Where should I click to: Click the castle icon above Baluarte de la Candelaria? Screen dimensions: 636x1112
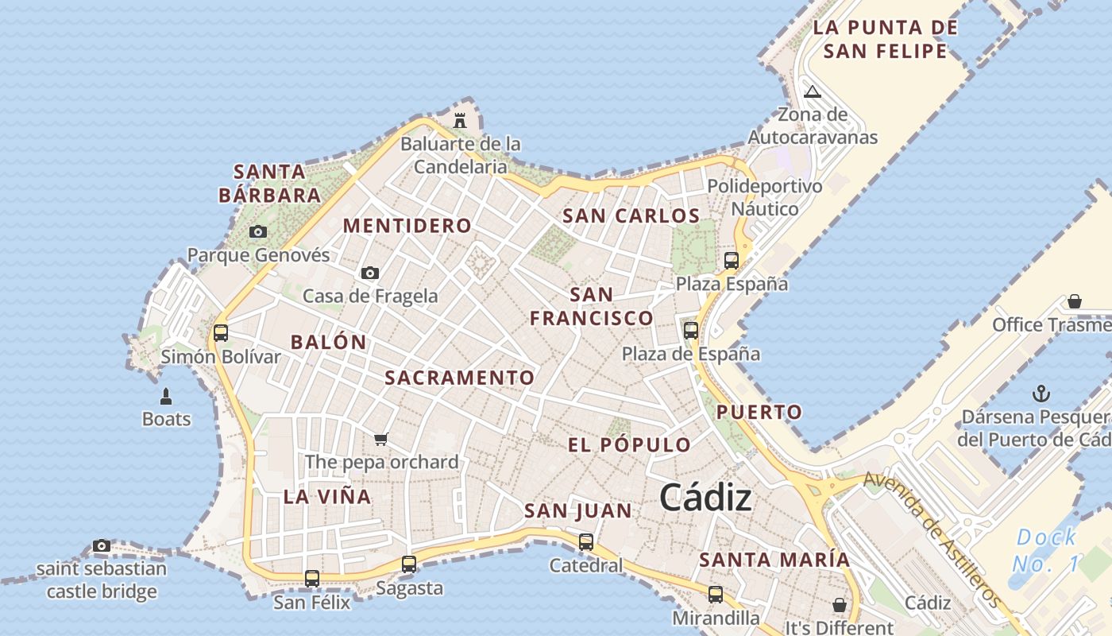(459, 121)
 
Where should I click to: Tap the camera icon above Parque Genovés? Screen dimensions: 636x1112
(258, 232)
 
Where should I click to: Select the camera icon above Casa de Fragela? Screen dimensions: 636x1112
(370, 273)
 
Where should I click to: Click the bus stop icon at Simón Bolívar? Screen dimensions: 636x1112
(221, 333)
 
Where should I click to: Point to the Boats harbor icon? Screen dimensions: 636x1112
(166, 396)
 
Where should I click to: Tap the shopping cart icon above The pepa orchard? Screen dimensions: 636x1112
(381, 439)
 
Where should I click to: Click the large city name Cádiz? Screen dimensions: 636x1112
(705, 498)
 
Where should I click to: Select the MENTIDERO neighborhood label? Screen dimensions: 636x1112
(407, 226)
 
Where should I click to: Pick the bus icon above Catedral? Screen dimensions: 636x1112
(586, 542)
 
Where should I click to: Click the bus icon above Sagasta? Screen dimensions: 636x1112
(409, 564)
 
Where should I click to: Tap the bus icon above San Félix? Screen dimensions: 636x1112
(312, 579)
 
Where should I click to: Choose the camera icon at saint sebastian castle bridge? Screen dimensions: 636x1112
(102, 545)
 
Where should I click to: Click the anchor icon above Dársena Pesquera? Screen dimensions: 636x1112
(1041, 394)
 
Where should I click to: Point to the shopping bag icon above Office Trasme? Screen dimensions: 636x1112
(1075, 301)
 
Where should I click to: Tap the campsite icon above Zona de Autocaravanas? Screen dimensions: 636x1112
(812, 91)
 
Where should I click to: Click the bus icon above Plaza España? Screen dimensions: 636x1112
(732, 260)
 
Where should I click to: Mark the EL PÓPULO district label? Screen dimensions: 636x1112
(629, 445)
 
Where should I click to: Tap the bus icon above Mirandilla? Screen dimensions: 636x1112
(716, 594)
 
